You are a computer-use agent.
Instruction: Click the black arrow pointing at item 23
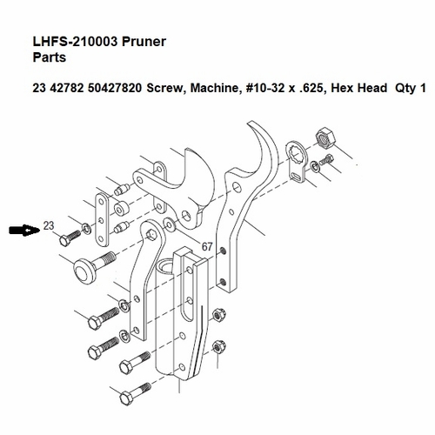tap(23, 231)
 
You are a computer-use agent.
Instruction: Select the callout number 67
tap(206, 247)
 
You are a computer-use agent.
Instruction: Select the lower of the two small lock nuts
tap(218, 346)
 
